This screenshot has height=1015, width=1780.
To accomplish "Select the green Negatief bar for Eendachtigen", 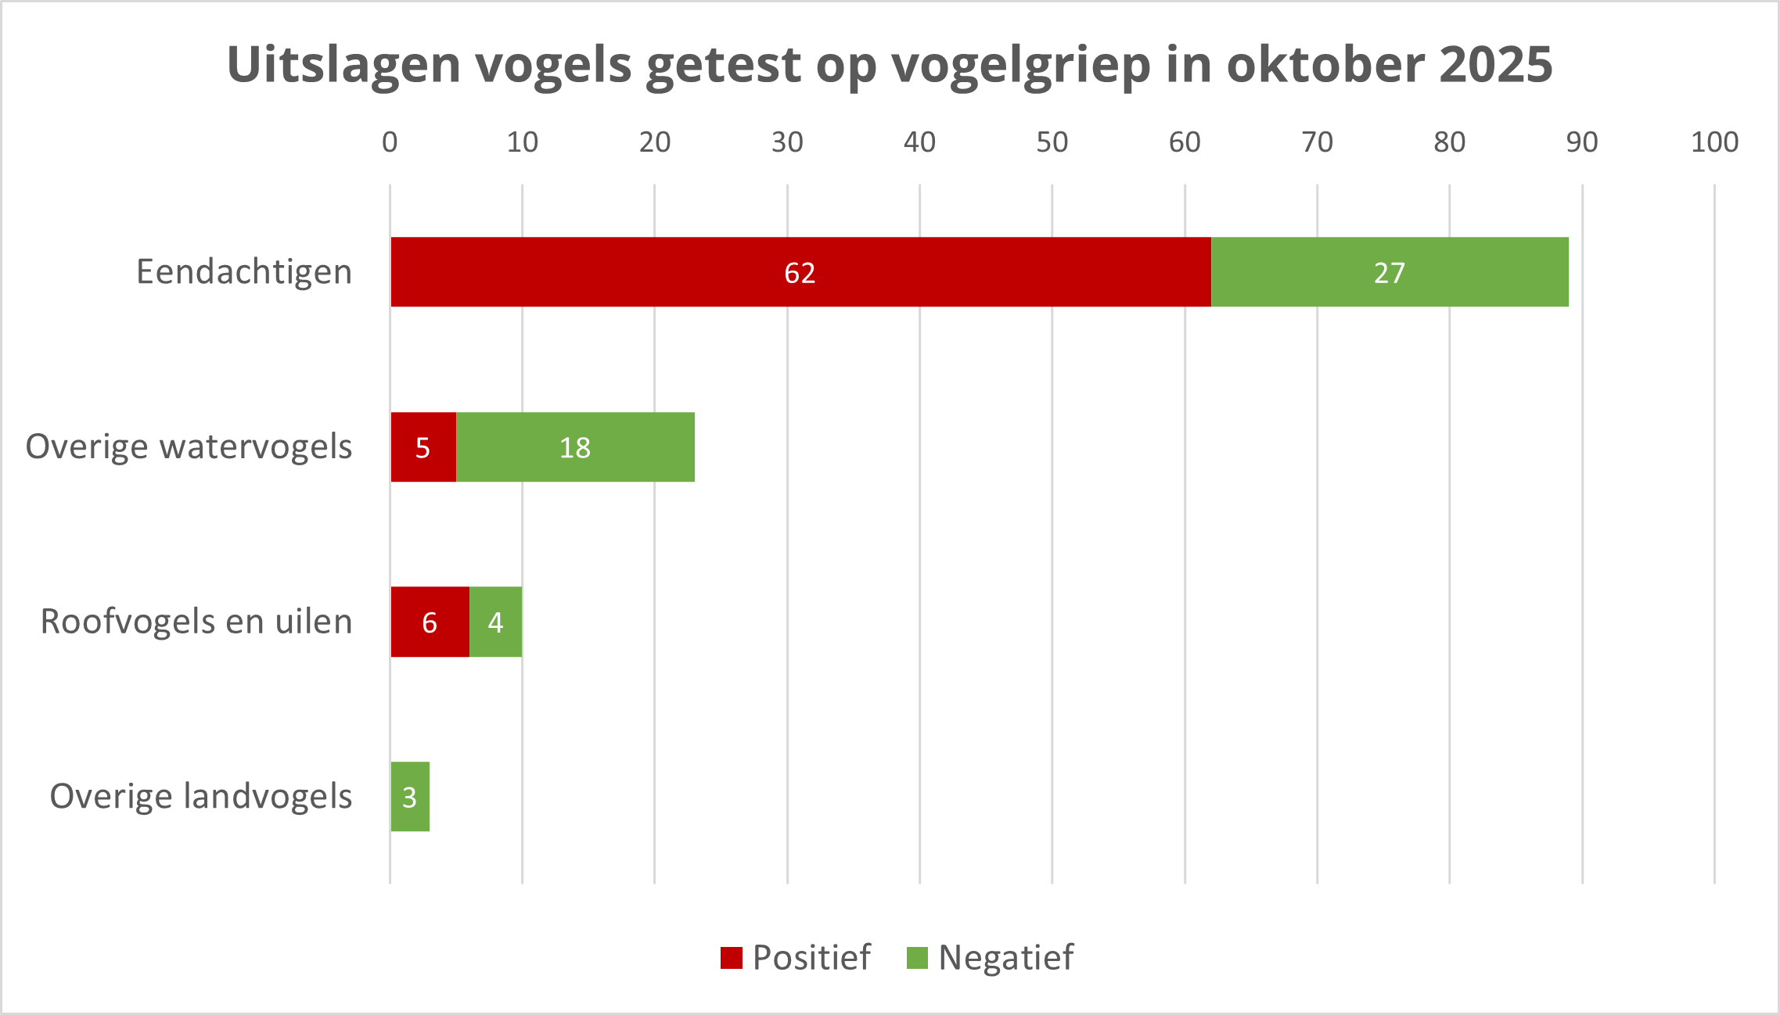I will pyautogui.click(x=1390, y=272).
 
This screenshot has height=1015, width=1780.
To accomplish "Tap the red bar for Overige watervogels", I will pyautogui.click(x=423, y=447).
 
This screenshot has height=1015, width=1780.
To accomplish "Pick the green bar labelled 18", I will pyautogui.click(x=575, y=447).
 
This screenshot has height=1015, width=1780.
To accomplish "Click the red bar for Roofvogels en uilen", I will pyautogui.click(x=430, y=622).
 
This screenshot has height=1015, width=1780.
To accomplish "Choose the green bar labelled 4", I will pyautogui.click(x=495, y=622).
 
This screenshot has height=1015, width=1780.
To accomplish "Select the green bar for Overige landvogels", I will pyautogui.click(x=410, y=797).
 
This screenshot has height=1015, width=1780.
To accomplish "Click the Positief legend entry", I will pyautogui.click(x=797, y=957).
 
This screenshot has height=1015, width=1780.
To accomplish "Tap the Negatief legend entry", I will pyautogui.click(x=991, y=957).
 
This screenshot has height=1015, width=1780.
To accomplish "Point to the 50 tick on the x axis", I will pyautogui.click(x=1052, y=142).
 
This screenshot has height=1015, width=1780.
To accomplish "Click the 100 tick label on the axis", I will pyautogui.click(x=1714, y=142).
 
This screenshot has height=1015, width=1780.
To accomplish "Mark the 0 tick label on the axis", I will pyautogui.click(x=390, y=142).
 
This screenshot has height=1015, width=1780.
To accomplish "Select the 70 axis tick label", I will pyautogui.click(x=1317, y=142).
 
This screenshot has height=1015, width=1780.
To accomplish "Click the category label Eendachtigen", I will pyautogui.click(x=244, y=272).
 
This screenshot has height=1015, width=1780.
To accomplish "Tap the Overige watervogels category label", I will pyautogui.click(x=189, y=447).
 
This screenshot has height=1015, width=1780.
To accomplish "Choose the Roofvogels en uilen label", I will pyautogui.click(x=196, y=622).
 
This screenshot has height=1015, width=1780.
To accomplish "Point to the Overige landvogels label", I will pyautogui.click(x=201, y=797).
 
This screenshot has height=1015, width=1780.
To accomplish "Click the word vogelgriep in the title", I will pyautogui.click(x=1021, y=64).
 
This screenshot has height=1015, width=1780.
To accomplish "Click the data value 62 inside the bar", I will pyautogui.click(x=800, y=273).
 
